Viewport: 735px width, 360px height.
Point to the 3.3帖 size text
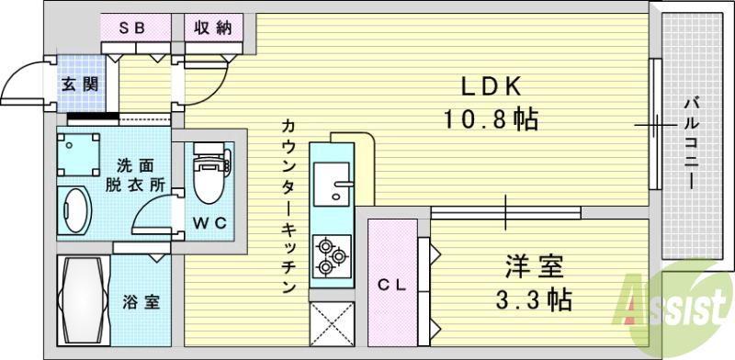pyautogui.click(x=537, y=299)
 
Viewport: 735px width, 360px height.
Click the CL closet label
pyautogui.click(x=392, y=286)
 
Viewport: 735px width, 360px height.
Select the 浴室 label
pyautogui.click(x=141, y=301)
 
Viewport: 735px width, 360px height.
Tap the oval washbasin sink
pyautogui.click(x=73, y=211)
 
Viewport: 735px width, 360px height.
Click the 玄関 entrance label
pyautogui.click(x=76, y=84)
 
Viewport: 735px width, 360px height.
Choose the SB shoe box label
pyautogui.click(x=135, y=28)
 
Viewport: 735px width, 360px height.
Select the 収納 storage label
pyautogui.click(x=211, y=28)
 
